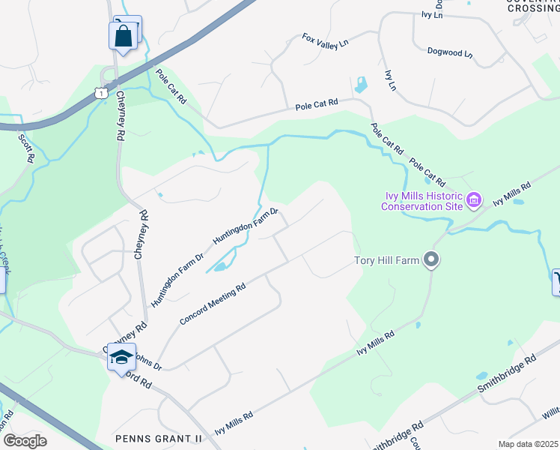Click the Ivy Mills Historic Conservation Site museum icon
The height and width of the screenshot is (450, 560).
pos(473,200)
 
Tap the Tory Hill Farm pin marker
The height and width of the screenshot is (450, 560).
pos(430,260)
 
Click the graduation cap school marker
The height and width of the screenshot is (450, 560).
pos(121,356)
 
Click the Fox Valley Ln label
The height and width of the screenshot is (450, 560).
pos(326,40)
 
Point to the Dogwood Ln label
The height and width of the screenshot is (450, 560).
pos(450,54)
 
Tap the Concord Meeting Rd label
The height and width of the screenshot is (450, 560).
pos(213,304)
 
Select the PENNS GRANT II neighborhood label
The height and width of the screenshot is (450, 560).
pos(159,437)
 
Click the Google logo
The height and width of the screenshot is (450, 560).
pos(25,441)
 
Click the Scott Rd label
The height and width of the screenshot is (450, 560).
pos(25,147)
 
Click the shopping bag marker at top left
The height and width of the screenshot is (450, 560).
pos(122,35)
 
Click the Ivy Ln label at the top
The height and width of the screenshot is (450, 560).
pos(433,14)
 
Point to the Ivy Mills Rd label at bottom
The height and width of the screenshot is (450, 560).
pos(234,423)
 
